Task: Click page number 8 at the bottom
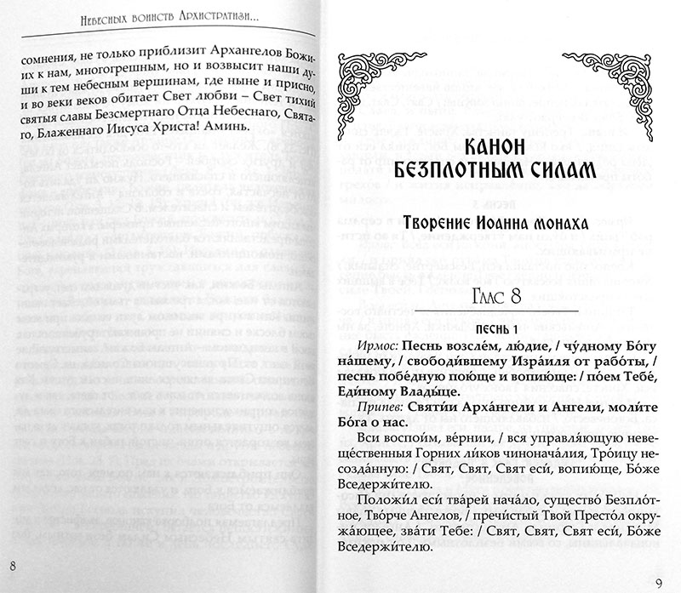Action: [x=11, y=567]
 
